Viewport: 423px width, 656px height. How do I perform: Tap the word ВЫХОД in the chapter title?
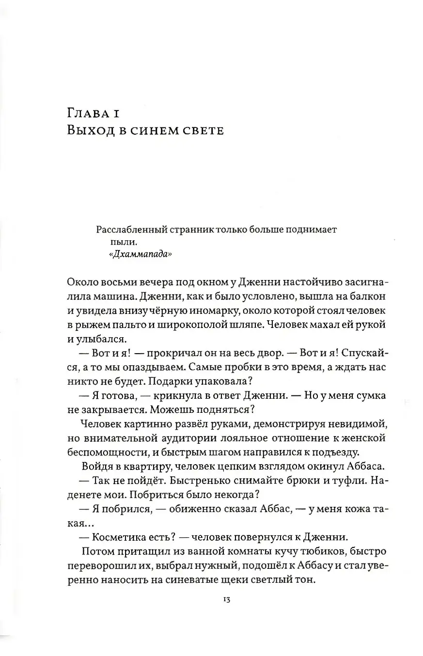[x=90, y=131]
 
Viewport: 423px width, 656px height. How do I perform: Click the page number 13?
[x=226, y=599]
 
